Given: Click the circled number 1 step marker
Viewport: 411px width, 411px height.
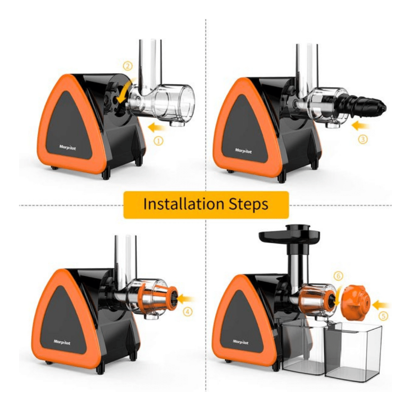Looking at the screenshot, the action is pyautogui.click(x=158, y=141).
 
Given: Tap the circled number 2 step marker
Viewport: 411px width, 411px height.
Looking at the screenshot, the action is pyautogui.click(x=128, y=66).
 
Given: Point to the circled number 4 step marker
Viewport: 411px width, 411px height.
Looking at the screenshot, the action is pyautogui.click(x=188, y=312).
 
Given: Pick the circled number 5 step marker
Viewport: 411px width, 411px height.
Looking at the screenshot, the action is pyautogui.click(x=383, y=316).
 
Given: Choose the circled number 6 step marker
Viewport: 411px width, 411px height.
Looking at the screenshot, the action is pyautogui.click(x=338, y=276).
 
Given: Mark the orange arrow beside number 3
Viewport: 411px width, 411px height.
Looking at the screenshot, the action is pyautogui.click(x=360, y=125).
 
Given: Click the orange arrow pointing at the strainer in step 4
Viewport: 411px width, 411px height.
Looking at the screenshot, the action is pyautogui.click(x=186, y=298).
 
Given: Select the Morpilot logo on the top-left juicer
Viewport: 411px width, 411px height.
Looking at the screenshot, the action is pyautogui.click(x=67, y=148).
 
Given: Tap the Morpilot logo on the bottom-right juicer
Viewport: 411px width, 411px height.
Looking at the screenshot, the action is pyautogui.click(x=240, y=342).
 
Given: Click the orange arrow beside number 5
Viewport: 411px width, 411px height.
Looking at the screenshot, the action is pyautogui.click(x=381, y=305).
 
